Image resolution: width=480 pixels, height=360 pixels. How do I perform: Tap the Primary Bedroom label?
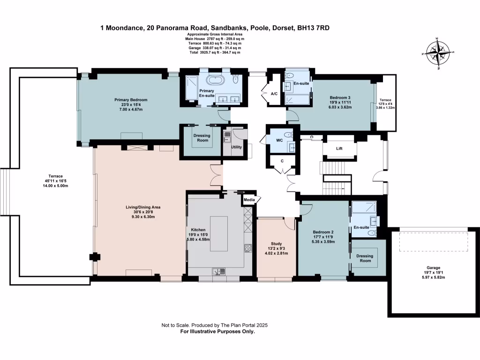tap(131, 100)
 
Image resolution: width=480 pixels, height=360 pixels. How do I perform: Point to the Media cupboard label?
tap(249, 200)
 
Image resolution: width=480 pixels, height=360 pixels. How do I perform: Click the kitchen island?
tap(218, 233)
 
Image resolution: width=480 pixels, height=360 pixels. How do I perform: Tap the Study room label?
tap(276, 244)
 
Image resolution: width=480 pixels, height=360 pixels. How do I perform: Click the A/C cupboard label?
tap(274, 94)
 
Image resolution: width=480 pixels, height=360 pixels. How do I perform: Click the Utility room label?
tap(236, 147)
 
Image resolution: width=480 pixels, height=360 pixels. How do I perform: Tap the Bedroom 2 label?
tap(323, 232)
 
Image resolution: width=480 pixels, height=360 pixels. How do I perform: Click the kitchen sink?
tap(219, 270)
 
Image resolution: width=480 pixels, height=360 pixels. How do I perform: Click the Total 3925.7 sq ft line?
tap(215, 52)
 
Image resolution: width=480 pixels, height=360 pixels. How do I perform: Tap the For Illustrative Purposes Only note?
tap(217, 331)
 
